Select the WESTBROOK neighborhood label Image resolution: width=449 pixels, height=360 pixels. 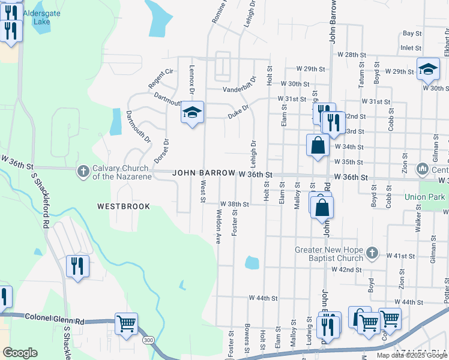124,206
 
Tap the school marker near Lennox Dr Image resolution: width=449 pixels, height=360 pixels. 192,112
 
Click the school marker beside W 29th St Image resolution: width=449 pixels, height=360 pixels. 428,69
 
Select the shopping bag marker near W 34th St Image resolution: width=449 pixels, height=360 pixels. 318,145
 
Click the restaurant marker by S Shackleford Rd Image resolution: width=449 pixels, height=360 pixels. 77,265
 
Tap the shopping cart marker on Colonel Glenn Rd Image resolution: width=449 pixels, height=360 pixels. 127,324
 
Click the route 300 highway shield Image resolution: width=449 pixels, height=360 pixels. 148,340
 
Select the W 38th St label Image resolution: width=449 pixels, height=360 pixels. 234,204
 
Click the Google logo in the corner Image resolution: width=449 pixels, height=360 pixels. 20,353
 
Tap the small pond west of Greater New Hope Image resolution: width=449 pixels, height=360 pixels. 252,263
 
